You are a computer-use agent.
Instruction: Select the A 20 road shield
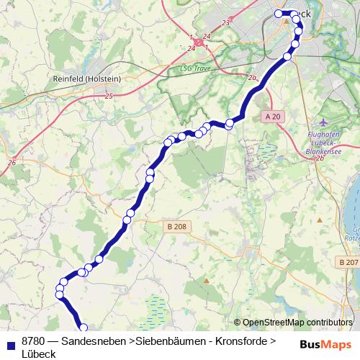(x=271, y=117)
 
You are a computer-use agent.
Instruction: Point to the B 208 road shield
(x=176, y=226)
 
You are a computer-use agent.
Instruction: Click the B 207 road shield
(x=348, y=264)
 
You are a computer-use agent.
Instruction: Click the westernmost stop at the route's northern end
(x=279, y=14)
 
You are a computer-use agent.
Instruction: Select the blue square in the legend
(x=9, y=341)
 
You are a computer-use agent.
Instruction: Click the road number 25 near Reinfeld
(x=109, y=96)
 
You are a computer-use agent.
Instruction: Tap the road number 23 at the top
(x=226, y=23)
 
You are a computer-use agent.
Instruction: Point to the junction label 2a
(x=251, y=78)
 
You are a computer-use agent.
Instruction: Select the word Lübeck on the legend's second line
(x=39, y=353)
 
